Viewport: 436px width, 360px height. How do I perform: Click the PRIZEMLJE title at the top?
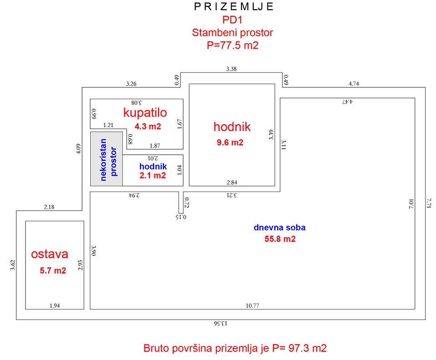click(234, 6)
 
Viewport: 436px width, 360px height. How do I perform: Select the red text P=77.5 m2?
click(232, 45)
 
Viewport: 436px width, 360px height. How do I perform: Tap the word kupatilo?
click(145, 112)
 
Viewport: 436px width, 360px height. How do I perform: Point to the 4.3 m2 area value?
click(148, 127)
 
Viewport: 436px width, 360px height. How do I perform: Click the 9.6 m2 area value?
click(230, 142)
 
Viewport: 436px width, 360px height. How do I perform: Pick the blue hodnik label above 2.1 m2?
click(153, 167)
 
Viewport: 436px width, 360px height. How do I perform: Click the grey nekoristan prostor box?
click(107, 159)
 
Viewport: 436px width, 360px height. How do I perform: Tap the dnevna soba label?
click(279, 228)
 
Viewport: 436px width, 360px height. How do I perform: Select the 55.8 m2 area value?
click(280, 239)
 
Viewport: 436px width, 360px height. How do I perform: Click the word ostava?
click(50, 254)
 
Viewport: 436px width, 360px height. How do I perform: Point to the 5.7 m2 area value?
click(53, 270)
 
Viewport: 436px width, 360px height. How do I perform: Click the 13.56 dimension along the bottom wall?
click(221, 323)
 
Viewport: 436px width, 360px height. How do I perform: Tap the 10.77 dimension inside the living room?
click(252, 305)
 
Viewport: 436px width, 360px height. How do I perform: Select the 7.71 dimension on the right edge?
click(429, 203)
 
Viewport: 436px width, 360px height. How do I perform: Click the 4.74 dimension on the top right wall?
click(354, 84)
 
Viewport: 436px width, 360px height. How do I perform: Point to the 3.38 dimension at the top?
click(231, 69)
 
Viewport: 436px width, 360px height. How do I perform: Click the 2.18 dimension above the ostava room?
click(49, 207)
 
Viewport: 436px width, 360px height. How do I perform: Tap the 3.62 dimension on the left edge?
click(13, 265)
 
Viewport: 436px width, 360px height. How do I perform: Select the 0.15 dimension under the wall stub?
click(181, 217)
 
